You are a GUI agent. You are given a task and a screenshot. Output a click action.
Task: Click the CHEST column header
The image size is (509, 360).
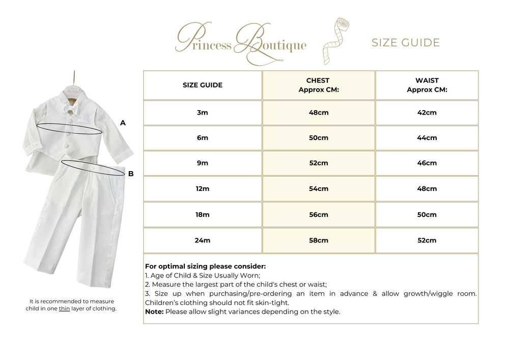[318, 85]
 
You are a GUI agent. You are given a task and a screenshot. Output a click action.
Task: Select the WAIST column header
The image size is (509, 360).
[427, 85]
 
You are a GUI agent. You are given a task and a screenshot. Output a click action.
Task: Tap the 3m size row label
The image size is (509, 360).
[203, 113]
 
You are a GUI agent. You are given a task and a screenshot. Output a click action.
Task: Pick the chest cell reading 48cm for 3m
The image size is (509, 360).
[319, 113]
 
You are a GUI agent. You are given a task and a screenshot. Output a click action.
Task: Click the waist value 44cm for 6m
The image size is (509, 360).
[427, 138]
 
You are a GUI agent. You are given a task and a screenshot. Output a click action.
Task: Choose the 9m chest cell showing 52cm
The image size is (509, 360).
[319, 163]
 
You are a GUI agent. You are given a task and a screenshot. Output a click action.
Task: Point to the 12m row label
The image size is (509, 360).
[203, 189]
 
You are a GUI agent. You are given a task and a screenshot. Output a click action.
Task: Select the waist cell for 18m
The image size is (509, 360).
[427, 215]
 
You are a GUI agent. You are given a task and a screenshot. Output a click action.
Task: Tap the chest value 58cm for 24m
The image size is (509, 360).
[319, 240]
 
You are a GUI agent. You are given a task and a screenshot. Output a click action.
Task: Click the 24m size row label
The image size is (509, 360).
[203, 240]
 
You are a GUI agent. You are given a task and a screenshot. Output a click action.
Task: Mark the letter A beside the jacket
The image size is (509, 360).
[123, 123]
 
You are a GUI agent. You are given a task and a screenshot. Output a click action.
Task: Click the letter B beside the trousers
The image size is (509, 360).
[131, 174]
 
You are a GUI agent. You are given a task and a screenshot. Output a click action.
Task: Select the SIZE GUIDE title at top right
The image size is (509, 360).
[405, 43]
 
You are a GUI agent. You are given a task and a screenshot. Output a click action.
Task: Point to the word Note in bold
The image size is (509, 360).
[153, 312]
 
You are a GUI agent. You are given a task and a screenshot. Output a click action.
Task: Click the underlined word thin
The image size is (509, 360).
[64, 309]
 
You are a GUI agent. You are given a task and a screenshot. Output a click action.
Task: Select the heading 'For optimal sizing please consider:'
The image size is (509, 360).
[205, 266]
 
